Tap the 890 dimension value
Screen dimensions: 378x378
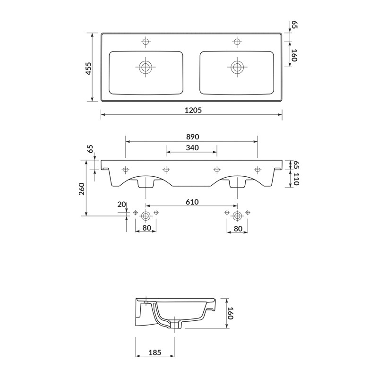pyautogui.click(x=192, y=137)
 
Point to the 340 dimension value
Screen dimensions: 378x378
pyautogui.click(x=192, y=147)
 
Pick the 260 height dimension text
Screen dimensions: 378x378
pyautogui.click(x=82, y=189)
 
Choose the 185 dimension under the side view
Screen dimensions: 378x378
pyautogui.click(x=155, y=352)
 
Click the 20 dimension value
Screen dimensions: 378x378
pyautogui.click(x=122, y=204)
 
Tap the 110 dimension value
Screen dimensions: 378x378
pyautogui.click(x=296, y=179)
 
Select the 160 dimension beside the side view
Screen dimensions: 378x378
pyautogui.click(x=230, y=313)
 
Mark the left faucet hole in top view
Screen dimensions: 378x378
pyautogui.click(x=146, y=42)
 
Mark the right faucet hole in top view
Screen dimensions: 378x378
pyautogui.click(x=237, y=42)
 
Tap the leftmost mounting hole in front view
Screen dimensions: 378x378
pyautogui.click(x=126, y=169)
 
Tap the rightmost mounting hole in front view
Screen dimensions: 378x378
pyautogui.click(x=258, y=169)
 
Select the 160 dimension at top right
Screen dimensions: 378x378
pyautogui.click(x=294, y=56)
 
